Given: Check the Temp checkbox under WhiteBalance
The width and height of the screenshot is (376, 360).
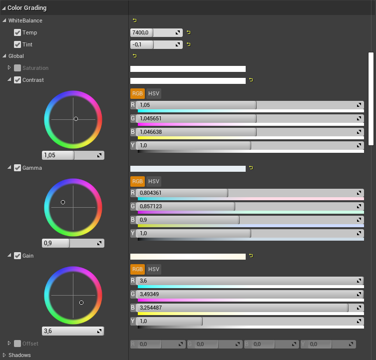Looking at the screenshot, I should click(x=17, y=32).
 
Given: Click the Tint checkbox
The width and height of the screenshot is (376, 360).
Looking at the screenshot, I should click(x=17, y=44).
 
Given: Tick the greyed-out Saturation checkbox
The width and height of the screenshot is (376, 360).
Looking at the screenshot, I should click(x=17, y=68).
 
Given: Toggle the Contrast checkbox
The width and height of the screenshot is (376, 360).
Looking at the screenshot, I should click(x=17, y=80).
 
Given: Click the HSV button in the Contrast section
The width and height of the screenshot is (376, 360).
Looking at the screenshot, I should click(x=154, y=93).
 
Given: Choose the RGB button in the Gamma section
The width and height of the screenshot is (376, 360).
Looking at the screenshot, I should click(x=137, y=181).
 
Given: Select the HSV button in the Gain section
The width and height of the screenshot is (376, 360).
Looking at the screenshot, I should click(x=154, y=269).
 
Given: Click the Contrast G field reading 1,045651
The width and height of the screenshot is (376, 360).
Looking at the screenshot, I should click(x=195, y=118).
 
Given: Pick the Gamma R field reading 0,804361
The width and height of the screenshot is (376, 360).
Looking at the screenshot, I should click(x=180, y=193).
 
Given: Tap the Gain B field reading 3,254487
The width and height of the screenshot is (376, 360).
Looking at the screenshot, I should click(x=240, y=308).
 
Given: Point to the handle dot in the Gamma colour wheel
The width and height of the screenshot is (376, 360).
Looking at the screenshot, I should click(x=63, y=202).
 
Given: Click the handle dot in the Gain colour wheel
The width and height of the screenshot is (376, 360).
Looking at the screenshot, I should click(x=81, y=303).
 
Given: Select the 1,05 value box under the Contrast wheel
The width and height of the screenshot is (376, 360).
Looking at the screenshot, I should click(x=57, y=155).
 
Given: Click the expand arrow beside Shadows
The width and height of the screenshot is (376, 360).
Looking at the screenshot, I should click(x=4, y=355).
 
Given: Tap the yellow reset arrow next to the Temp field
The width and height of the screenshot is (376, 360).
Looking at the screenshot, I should click(x=188, y=32).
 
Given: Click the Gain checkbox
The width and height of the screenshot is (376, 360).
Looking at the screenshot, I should click(x=17, y=256).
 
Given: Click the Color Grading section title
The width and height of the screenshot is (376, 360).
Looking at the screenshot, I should click(x=27, y=8).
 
